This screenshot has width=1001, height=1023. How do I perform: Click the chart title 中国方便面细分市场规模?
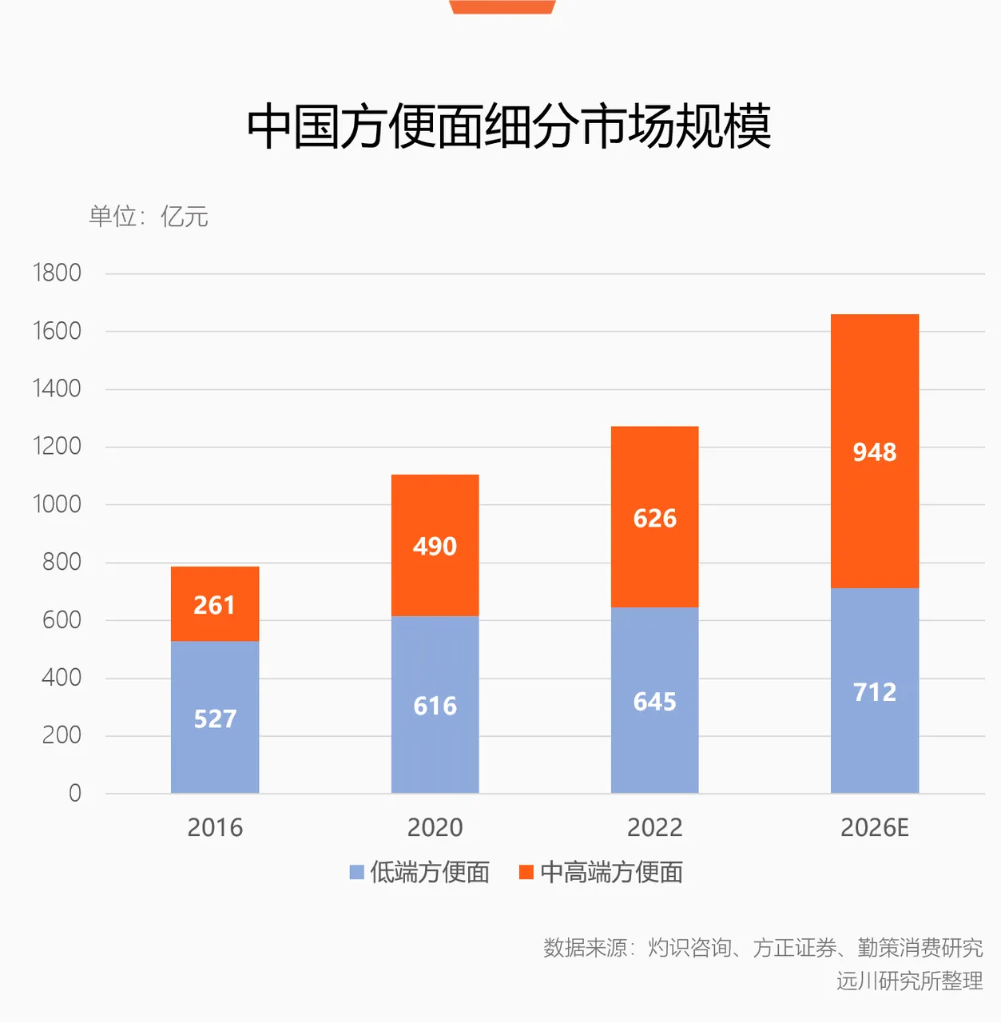(x=508, y=126)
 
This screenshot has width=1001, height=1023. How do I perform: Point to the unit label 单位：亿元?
(x=149, y=216)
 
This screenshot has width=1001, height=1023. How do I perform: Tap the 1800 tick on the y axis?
(x=57, y=273)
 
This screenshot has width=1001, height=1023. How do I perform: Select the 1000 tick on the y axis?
(x=57, y=504)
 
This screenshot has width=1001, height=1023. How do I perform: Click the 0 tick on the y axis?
(x=75, y=793)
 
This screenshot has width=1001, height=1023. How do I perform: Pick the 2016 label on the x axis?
(x=215, y=828)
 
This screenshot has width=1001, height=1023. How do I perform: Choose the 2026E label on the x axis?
(x=875, y=828)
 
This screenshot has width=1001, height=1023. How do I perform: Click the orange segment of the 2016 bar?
(x=215, y=603)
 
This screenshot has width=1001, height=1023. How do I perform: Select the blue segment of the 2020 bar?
(x=435, y=704)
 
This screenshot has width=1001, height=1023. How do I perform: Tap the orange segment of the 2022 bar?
(x=655, y=516)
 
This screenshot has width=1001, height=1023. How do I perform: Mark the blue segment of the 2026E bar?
(x=875, y=691)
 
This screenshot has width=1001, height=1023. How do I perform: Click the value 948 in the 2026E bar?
(x=875, y=452)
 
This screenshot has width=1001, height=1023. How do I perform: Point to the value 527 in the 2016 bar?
(x=215, y=718)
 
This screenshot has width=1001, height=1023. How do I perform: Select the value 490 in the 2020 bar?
(x=435, y=547)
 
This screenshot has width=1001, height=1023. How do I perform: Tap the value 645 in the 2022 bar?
(x=655, y=701)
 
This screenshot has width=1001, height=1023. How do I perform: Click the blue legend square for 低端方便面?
(x=356, y=872)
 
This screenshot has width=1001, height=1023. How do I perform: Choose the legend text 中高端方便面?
(x=611, y=872)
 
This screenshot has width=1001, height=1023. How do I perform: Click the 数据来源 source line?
(x=763, y=948)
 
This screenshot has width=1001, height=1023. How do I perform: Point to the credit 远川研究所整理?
(x=910, y=981)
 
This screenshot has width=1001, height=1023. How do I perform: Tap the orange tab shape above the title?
(x=502, y=6)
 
